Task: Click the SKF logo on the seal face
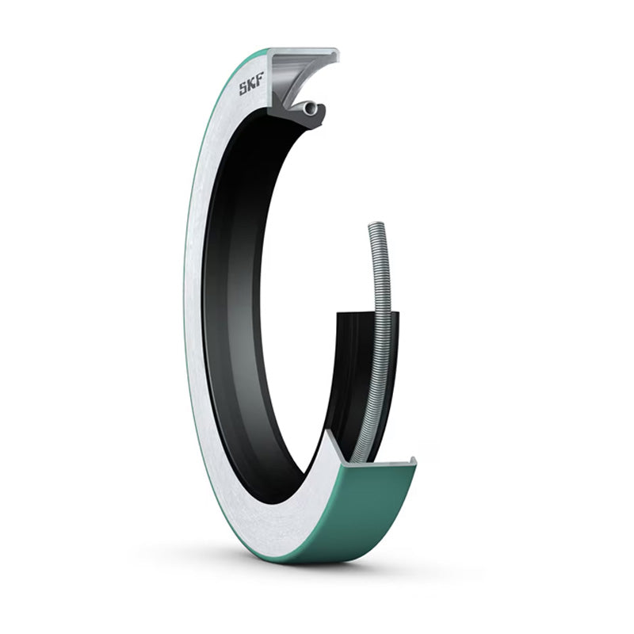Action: tap(251, 84)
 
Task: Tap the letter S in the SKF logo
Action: tap(243, 89)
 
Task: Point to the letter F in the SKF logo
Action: tap(260, 79)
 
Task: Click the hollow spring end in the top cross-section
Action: tap(311, 108)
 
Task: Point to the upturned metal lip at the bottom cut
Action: tap(412, 461)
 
